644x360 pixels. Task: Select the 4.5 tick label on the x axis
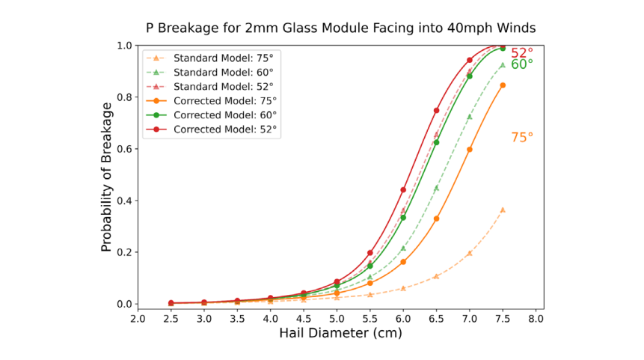tap(304, 318)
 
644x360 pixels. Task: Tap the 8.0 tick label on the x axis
tap(536, 318)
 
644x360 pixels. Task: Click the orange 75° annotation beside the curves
tap(522, 138)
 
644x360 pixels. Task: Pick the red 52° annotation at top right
tap(522, 52)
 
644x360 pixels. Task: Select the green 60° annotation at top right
tap(522, 64)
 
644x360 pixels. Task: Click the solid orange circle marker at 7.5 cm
tap(503, 85)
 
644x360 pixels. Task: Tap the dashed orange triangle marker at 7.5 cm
tap(503, 210)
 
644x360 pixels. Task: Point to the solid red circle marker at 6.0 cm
tap(403, 190)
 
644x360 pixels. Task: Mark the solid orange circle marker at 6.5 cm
tap(436, 219)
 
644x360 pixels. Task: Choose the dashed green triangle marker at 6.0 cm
tap(403, 248)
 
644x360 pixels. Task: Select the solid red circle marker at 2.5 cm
tap(171, 303)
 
